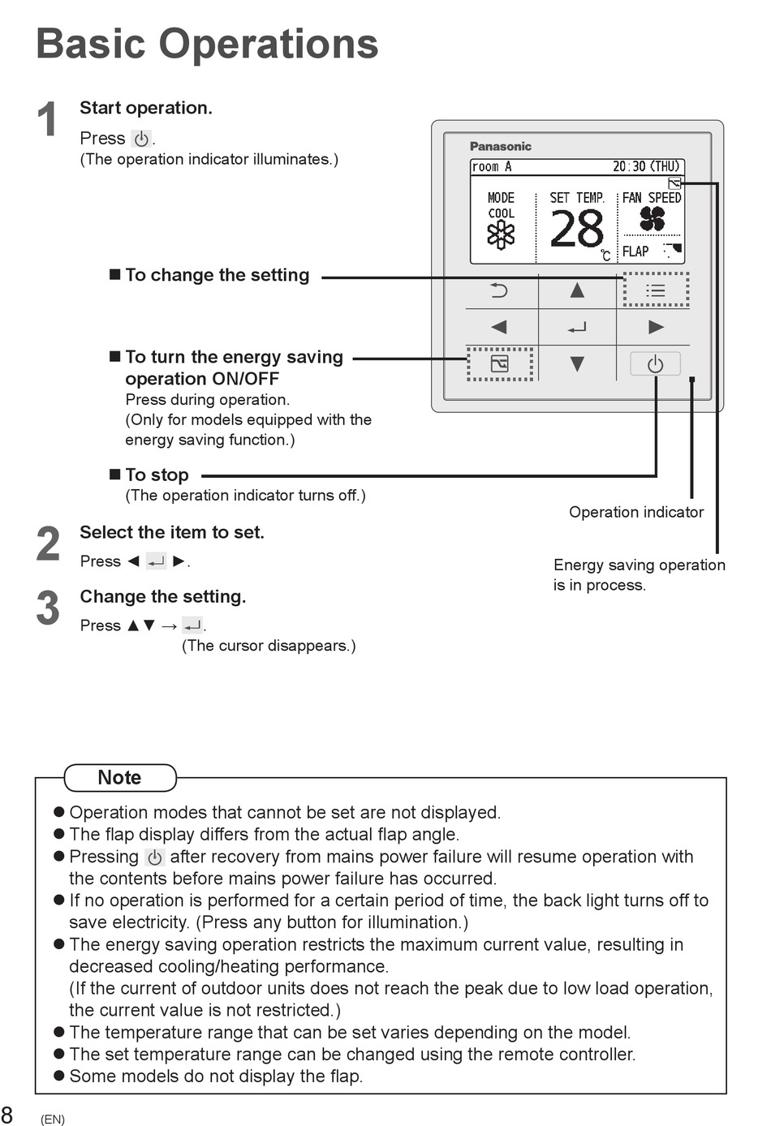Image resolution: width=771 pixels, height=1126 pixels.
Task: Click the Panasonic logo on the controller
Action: pyautogui.click(x=501, y=146)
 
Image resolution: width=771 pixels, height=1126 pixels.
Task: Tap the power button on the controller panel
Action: pyautogui.click(x=655, y=363)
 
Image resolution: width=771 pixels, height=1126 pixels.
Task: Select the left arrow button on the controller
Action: pyautogui.click(x=498, y=327)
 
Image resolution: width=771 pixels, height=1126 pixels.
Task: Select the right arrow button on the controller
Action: pyautogui.click(x=656, y=327)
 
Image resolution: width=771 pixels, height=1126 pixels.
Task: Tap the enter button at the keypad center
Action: pyautogui.click(x=577, y=328)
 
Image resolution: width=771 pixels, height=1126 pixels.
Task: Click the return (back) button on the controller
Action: pyautogui.click(x=499, y=290)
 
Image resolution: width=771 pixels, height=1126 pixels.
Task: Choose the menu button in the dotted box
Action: pyautogui.click(x=656, y=290)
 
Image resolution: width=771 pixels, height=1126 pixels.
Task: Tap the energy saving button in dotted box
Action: pyautogui.click(x=499, y=363)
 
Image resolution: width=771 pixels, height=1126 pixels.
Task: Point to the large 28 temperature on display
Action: pyautogui.click(x=576, y=229)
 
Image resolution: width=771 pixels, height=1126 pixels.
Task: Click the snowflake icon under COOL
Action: pyautogui.click(x=501, y=235)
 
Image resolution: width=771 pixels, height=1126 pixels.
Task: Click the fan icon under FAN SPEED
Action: pyautogui.click(x=653, y=219)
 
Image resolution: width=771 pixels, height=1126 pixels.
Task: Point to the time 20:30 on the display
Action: pyautogui.click(x=629, y=166)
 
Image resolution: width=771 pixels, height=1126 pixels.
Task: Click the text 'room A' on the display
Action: pyautogui.click(x=492, y=166)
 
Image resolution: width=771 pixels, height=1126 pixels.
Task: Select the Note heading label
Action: pyautogui.click(x=119, y=778)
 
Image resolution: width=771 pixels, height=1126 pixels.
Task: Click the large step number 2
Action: pyautogui.click(x=48, y=544)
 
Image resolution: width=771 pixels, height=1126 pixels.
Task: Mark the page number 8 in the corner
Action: pyautogui.click(x=7, y=1114)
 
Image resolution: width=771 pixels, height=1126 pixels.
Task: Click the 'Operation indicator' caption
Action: pyautogui.click(x=636, y=512)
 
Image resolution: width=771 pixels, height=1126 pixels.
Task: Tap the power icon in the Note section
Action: pyautogui.click(x=155, y=857)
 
